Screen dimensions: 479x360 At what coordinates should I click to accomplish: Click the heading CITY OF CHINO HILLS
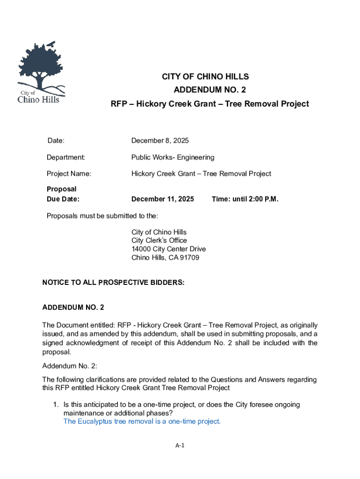pyautogui.click(x=205, y=77)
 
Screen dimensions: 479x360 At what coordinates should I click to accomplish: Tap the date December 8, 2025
pyautogui.click(x=160, y=141)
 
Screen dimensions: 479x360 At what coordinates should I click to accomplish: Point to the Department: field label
pyautogui.click(x=65, y=157)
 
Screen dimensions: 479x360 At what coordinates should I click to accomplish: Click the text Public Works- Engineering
pyautogui.click(x=173, y=157)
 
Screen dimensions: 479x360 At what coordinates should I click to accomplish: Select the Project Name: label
pyautogui.click(x=69, y=174)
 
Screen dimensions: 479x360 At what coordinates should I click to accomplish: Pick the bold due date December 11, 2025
pyautogui.click(x=162, y=199)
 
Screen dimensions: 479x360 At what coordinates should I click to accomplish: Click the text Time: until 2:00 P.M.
pyautogui.click(x=245, y=199)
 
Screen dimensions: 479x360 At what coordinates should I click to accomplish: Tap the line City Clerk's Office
pyautogui.click(x=159, y=240)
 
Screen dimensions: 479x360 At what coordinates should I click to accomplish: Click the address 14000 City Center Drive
pyautogui.click(x=168, y=249)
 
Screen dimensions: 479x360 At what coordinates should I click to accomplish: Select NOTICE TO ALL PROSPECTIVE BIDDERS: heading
pyautogui.click(x=114, y=283)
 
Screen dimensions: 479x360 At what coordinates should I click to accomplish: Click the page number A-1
pyautogui.click(x=180, y=446)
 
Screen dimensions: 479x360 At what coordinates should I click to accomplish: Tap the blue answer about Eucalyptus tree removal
pyautogui.click(x=142, y=421)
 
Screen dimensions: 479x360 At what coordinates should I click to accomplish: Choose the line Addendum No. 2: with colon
pyautogui.click(x=70, y=366)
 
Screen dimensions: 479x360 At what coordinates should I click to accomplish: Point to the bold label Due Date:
pyautogui.click(x=63, y=199)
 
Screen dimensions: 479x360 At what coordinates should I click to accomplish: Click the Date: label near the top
pyautogui.click(x=56, y=141)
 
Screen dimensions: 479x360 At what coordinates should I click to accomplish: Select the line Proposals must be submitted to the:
pyautogui.click(x=102, y=216)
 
